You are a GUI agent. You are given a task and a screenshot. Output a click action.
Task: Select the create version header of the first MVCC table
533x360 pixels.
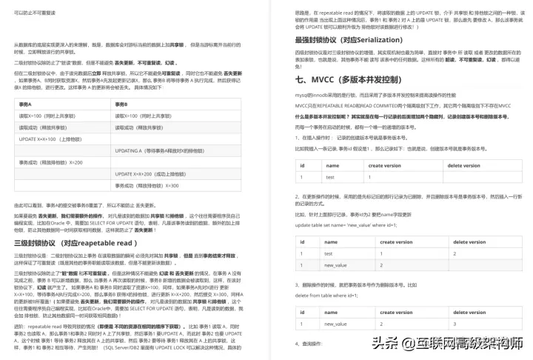point(385,166)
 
